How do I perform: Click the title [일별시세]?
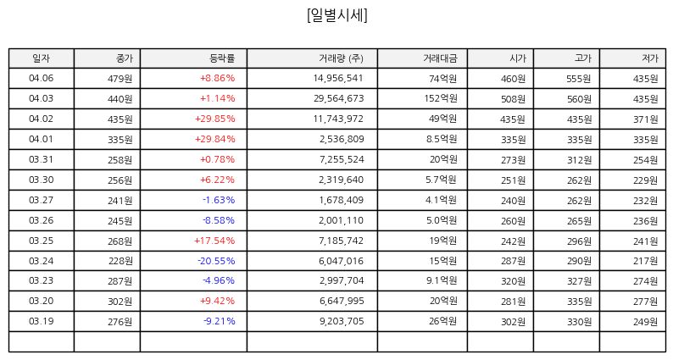click(x=337, y=15)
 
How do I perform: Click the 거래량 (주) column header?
click(x=342, y=58)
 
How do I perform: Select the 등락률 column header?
click(x=222, y=58)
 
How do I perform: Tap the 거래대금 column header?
click(x=441, y=58)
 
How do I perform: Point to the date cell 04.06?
click(x=42, y=78)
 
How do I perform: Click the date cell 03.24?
click(x=42, y=261)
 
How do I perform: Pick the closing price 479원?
click(x=120, y=79)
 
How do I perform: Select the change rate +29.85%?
click(x=215, y=119)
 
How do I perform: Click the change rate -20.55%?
click(x=216, y=261)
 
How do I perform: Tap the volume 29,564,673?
click(x=339, y=99)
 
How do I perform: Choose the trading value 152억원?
click(x=441, y=99)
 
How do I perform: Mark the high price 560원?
click(x=580, y=100)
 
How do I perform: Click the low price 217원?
click(x=646, y=261)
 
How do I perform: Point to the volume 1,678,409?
click(x=342, y=200)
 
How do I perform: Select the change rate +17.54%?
click(x=214, y=241)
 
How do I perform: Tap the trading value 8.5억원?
click(x=442, y=139)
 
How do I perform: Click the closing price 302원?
click(x=120, y=302)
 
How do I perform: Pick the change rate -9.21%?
click(x=220, y=321)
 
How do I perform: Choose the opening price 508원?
click(x=514, y=100)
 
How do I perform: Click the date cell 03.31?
click(x=42, y=159)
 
